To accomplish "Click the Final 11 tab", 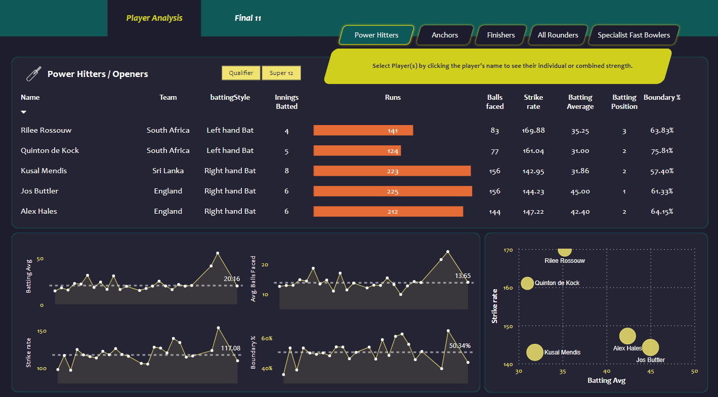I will tap(247, 18).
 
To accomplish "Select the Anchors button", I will tap(445, 35).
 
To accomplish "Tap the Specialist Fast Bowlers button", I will tap(633, 35).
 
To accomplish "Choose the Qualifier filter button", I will tap(241, 73).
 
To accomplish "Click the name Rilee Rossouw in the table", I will tap(46, 130).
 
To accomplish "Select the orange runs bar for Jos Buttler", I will tap(393, 191).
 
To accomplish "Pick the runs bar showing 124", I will tap(357, 150).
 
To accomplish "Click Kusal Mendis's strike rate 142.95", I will tap(533, 171).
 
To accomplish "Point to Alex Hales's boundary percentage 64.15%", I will tap(662, 212).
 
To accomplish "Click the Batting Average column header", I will tap(580, 101).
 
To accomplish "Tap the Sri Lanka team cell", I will tap(168, 171).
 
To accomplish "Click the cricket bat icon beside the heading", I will tap(33, 74).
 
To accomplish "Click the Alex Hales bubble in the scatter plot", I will tap(627, 336).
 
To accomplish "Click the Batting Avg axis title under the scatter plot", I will tap(606, 381).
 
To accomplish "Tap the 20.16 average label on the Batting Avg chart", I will tap(232, 279).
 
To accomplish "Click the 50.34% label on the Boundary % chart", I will tap(459, 346).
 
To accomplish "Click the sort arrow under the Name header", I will tap(23, 112).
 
